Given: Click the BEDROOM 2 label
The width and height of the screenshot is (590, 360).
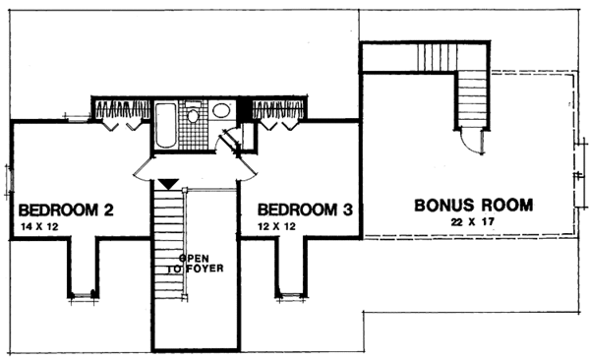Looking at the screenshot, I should [68, 210].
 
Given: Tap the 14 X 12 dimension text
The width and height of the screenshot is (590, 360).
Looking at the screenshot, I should [39, 227].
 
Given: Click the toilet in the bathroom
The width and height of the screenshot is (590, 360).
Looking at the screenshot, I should [194, 117].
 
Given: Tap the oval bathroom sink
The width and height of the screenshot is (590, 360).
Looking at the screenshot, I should [221, 110].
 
